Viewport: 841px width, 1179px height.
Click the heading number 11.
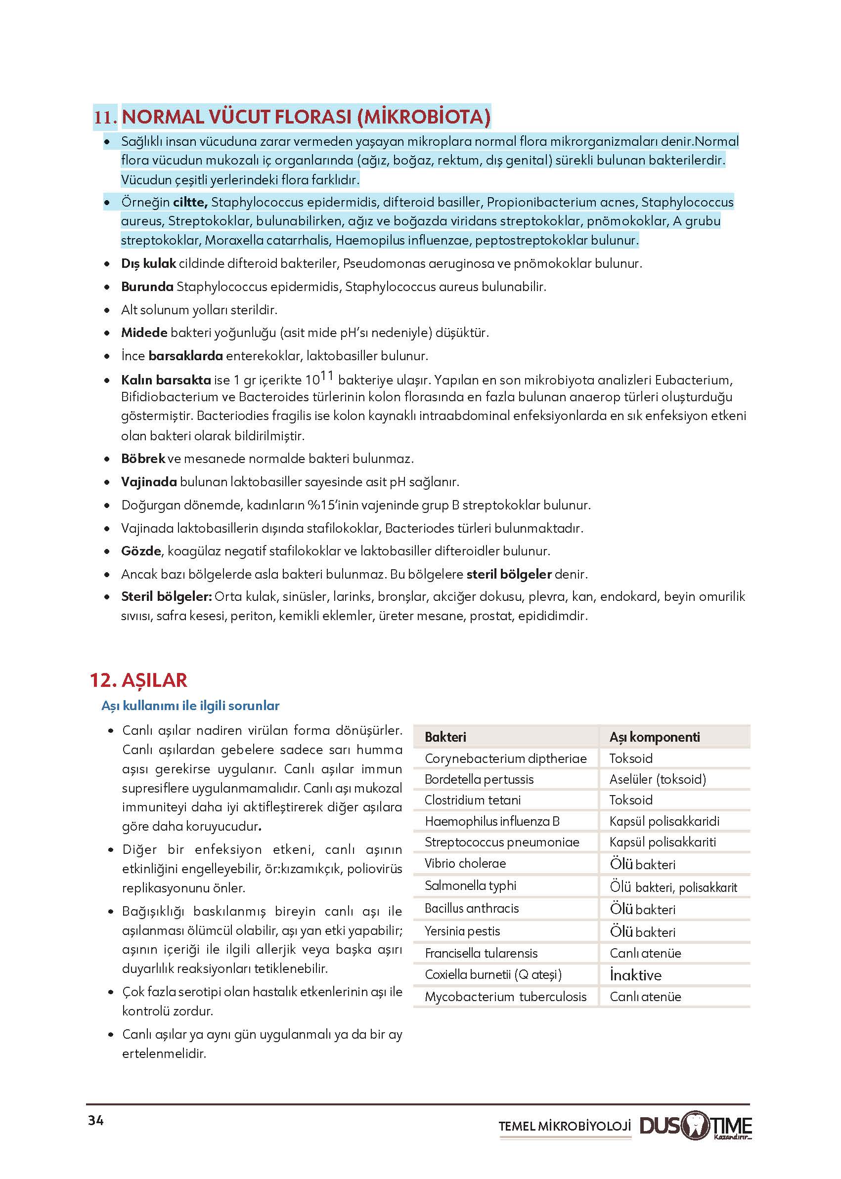pos(105,118)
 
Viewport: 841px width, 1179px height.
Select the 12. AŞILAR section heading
pos(138,680)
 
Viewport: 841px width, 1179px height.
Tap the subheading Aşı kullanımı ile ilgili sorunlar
pos(190,706)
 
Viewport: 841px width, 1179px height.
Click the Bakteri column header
pos(445,737)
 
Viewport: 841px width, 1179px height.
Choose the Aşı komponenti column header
pos(654,737)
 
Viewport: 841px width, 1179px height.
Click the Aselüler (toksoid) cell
pos(658,779)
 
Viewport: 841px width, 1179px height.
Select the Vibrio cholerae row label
pos(465,863)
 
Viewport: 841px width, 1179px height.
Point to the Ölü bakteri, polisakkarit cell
pos(673,887)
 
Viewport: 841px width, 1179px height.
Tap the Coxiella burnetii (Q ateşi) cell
pos(493,974)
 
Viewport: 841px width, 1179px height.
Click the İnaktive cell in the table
pos(635,975)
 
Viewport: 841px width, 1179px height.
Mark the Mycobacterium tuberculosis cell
pos(505,996)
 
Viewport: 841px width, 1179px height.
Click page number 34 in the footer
pos(96,1121)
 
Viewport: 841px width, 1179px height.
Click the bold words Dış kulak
pos(149,263)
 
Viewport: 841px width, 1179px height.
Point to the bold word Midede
pos(144,332)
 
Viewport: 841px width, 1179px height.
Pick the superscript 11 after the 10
pos(327,376)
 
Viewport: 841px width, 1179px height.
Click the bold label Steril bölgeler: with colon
pos(166,596)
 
